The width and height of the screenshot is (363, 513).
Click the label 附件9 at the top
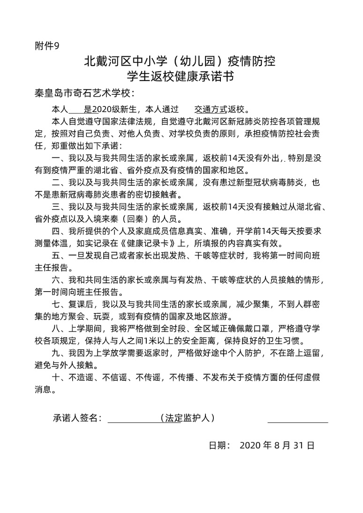pyautogui.click(x=47, y=46)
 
